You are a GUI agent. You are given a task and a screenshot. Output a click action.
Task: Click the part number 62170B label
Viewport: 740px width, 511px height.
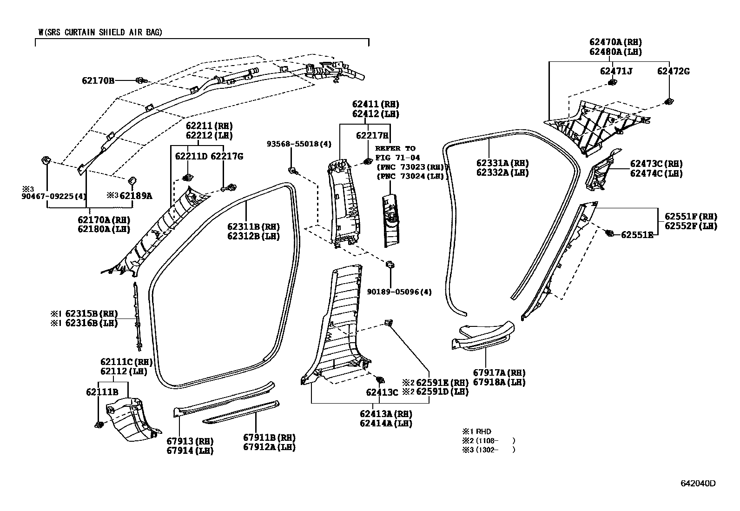pyautogui.click(x=98, y=80)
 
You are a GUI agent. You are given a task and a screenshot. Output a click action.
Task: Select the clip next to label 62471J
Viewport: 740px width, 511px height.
pyautogui.click(x=612, y=83)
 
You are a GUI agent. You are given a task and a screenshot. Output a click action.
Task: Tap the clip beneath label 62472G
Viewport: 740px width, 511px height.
pyautogui.click(x=669, y=101)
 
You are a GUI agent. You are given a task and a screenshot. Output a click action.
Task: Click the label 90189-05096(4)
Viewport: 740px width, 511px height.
pyautogui.click(x=399, y=292)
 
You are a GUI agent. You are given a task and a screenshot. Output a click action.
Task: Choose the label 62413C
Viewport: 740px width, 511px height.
pyautogui.click(x=382, y=392)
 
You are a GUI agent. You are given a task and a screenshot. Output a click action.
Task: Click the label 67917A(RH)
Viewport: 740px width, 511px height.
pyautogui.click(x=499, y=373)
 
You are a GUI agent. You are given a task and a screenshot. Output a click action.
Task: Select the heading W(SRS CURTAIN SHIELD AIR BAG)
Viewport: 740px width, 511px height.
pyautogui.click(x=100, y=32)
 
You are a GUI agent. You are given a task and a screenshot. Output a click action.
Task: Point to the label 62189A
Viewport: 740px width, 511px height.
pyautogui.click(x=135, y=196)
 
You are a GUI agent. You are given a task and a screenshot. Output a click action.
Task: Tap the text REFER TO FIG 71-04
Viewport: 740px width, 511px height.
pyautogui.click(x=395, y=153)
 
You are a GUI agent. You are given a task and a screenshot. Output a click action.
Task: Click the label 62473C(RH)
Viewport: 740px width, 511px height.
pyautogui.click(x=656, y=164)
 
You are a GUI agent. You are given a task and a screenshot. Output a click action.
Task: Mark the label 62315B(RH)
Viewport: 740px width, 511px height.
pyautogui.click(x=91, y=313)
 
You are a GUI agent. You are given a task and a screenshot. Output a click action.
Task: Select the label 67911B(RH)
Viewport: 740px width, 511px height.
pyautogui.click(x=269, y=438)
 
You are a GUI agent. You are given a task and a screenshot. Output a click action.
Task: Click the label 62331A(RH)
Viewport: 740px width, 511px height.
pyautogui.click(x=502, y=163)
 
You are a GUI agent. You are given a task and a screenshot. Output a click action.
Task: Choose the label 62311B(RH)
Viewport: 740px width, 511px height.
pyautogui.click(x=253, y=227)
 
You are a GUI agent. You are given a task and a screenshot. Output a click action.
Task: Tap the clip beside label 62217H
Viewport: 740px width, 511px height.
pyautogui.click(x=366, y=162)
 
